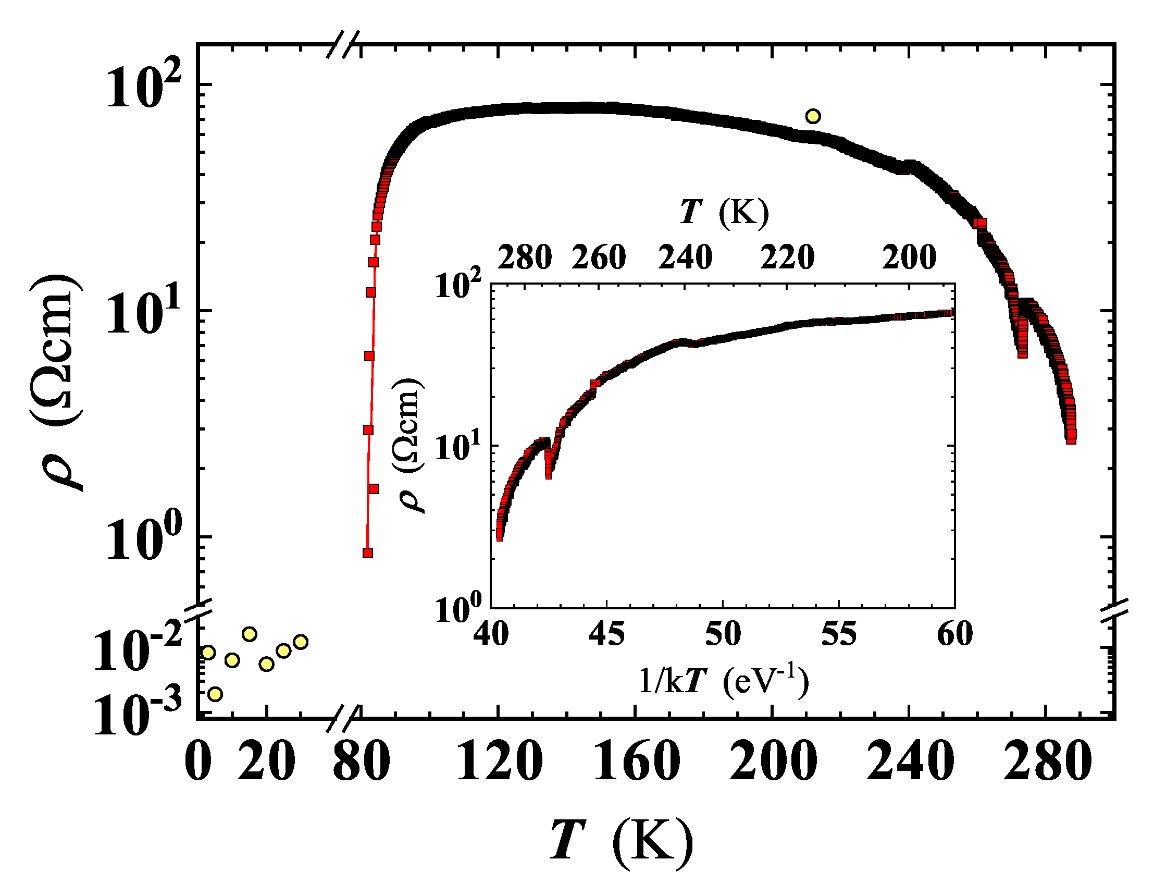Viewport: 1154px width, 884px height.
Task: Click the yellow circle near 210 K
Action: (x=813, y=116)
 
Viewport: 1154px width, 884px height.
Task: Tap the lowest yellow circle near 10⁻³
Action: (x=215, y=694)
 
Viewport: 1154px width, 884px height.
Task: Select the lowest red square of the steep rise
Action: (x=368, y=552)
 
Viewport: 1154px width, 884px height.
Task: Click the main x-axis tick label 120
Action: (x=499, y=762)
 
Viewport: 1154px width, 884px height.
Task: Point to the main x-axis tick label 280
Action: (x=1047, y=762)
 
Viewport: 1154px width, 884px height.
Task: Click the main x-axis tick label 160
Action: (x=636, y=762)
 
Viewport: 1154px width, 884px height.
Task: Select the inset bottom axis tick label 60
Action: (x=954, y=633)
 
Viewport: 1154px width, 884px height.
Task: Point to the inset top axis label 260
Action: (x=599, y=258)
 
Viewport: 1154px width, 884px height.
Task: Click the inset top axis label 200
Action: (x=909, y=258)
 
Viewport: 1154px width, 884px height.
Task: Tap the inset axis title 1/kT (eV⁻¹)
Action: (x=723, y=681)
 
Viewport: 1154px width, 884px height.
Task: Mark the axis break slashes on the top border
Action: (x=343, y=44)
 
